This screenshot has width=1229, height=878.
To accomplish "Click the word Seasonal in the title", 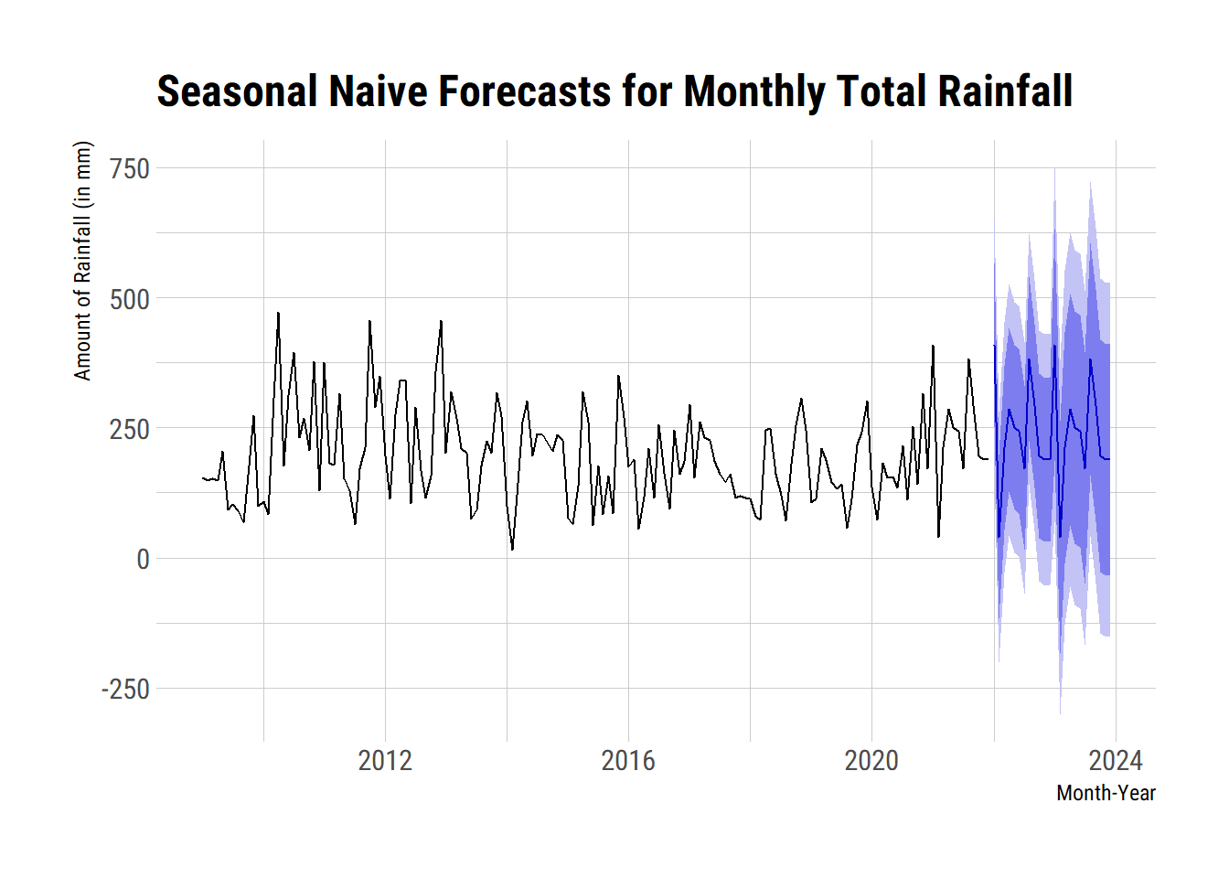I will click(237, 92).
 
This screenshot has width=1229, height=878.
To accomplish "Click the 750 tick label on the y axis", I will click(129, 169).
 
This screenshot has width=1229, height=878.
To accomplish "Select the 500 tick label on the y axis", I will click(129, 299).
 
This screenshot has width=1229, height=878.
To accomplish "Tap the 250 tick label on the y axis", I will click(129, 429).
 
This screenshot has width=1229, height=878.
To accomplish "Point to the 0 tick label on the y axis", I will click(143, 559).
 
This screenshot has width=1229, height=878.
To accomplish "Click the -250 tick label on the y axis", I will click(125, 689).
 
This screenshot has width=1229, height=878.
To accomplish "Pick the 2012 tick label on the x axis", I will click(385, 760).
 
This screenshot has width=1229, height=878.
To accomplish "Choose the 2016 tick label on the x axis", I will click(628, 760).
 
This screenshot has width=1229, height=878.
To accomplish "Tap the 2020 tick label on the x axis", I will click(871, 760).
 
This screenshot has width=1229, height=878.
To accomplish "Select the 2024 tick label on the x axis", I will click(1115, 760).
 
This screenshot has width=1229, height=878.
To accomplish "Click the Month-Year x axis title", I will click(1106, 793).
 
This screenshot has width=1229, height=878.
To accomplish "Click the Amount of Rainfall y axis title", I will click(83, 261).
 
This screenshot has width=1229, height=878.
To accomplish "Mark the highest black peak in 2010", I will click(278, 313).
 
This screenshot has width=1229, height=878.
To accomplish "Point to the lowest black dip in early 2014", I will click(512, 550).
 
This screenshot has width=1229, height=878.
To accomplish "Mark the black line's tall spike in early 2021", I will click(933, 346).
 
